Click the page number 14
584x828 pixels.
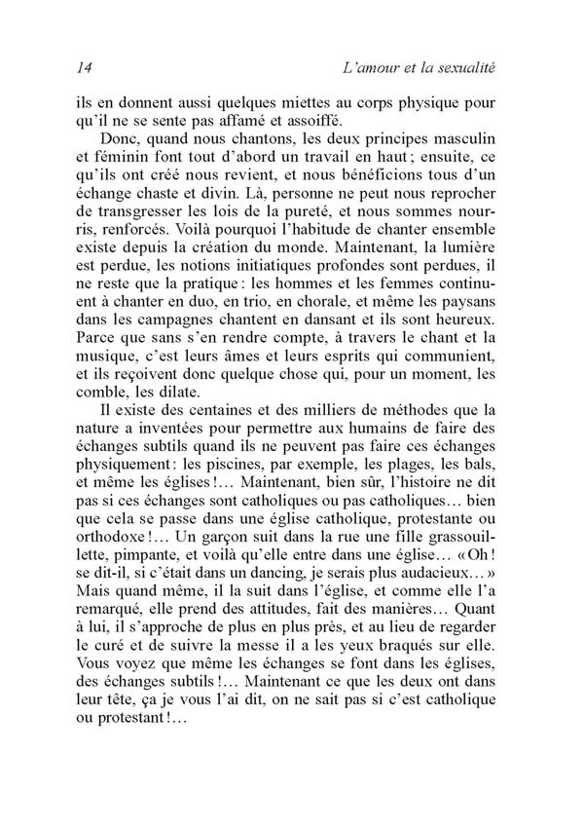(x=83, y=67)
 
